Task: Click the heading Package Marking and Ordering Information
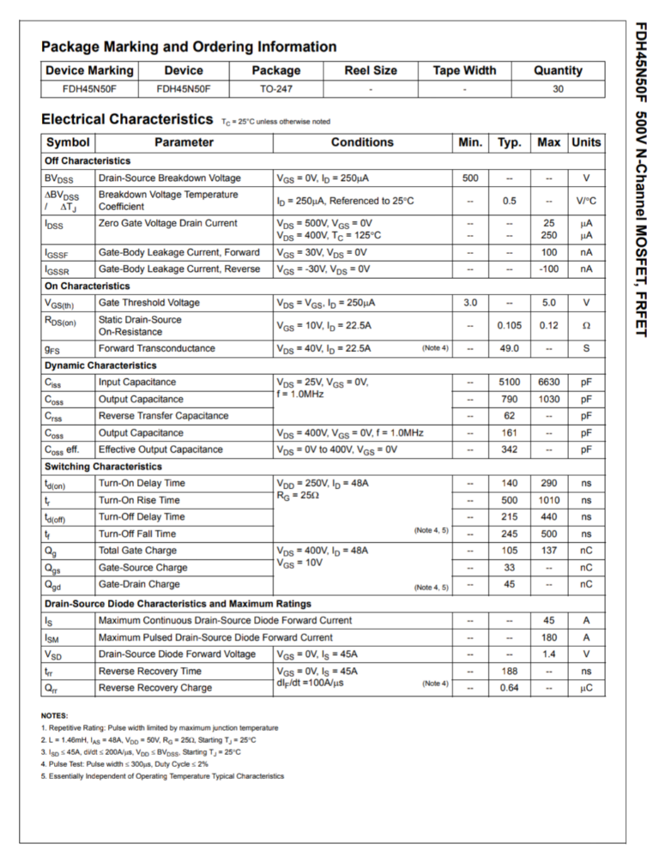[189, 47]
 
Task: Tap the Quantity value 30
[558, 88]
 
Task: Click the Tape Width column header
[464, 70]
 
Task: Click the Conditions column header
[362, 142]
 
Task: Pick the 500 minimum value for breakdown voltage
[470, 178]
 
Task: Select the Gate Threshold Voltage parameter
[148, 303]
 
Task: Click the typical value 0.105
[510, 326]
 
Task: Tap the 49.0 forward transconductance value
[510, 348]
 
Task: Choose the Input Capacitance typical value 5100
[510, 383]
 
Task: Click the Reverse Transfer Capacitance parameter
[164, 416]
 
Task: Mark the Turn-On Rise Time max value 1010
[548, 500]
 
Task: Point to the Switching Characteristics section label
[103, 467]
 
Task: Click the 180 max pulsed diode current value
[548, 637]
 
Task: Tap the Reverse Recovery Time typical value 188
[510, 671]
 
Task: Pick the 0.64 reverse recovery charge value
[510, 688]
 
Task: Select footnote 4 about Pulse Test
[124, 763]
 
